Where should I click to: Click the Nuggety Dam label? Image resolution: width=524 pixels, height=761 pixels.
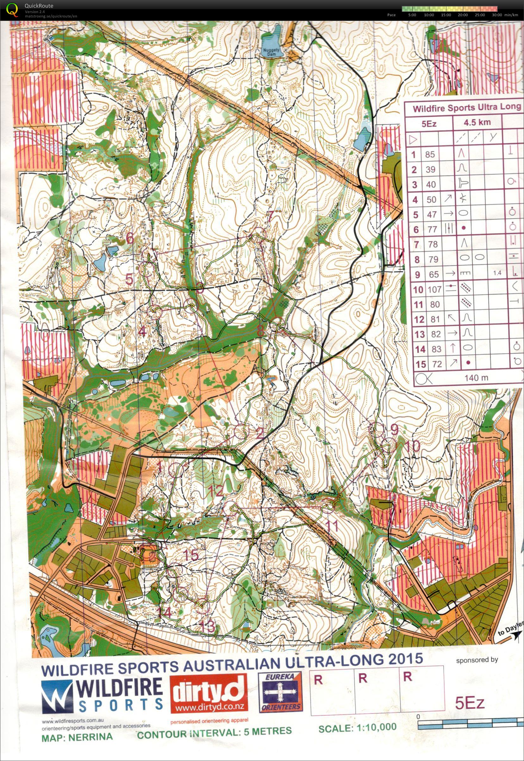[x=271, y=52]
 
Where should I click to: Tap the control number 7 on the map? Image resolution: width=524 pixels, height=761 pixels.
[x=271, y=217]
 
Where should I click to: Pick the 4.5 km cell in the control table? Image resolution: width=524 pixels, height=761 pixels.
[x=477, y=123]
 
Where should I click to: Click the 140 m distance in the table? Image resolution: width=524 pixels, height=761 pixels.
[x=476, y=377]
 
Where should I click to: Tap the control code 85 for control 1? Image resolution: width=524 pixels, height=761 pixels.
[x=430, y=154]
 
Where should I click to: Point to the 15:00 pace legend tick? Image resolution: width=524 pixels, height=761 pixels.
[x=446, y=15]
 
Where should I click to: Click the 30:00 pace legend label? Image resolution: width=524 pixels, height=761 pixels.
[x=497, y=15]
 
